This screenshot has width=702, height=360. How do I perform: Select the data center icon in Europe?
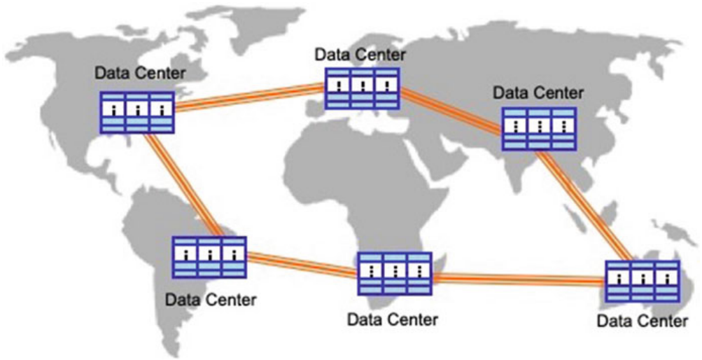[x=362, y=88]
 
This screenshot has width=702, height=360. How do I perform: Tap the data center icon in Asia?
[x=540, y=129]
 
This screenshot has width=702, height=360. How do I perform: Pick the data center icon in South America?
[x=209, y=258]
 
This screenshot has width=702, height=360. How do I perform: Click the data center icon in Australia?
[x=643, y=282]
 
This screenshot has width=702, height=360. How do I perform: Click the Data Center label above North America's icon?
[x=141, y=72]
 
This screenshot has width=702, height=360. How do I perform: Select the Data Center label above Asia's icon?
[x=538, y=92]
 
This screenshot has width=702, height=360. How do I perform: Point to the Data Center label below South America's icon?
[x=211, y=300]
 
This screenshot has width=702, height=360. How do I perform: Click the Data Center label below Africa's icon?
[x=393, y=319]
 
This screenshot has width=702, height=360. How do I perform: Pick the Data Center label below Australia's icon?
[x=642, y=321]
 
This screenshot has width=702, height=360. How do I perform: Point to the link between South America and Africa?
[x=301, y=264]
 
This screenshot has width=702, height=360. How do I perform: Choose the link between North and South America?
[x=183, y=184]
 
